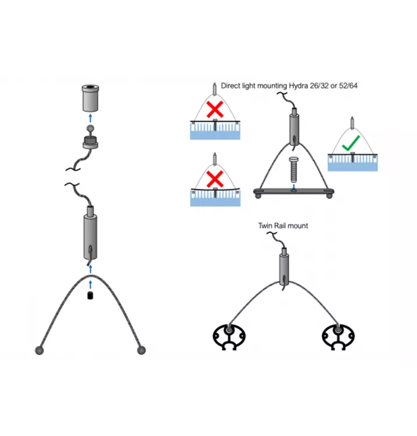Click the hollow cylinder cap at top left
click(89, 99)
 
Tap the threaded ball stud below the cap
click(90, 139)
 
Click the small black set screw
click(90, 296)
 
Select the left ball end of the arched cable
click(40, 350)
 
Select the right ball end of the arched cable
click(141, 350)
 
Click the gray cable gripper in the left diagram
click(89, 236)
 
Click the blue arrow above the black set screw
click(90, 284)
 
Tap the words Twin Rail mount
click(283, 225)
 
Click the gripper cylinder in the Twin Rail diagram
click(284, 267)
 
